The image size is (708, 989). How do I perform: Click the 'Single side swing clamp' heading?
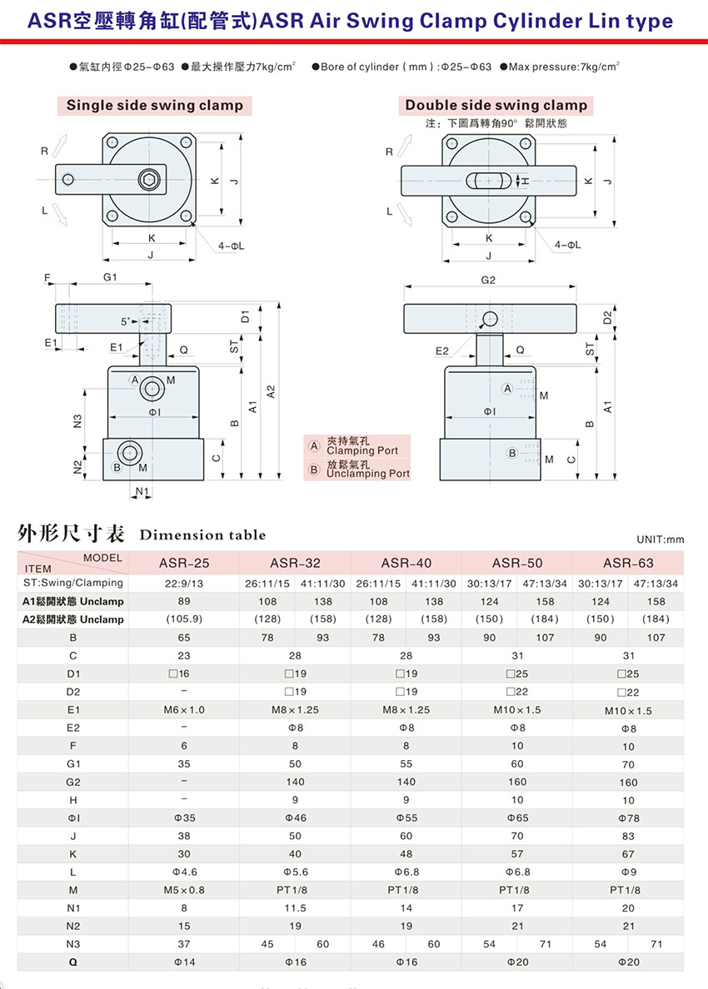[x=155, y=106]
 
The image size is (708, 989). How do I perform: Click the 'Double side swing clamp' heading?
[x=496, y=106]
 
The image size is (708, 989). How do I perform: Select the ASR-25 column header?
[x=183, y=563]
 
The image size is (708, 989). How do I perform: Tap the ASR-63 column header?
[x=628, y=563]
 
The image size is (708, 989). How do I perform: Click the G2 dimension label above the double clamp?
[x=488, y=280]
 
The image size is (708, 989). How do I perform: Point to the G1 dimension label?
[x=110, y=277]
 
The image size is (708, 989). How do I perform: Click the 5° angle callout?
[x=127, y=321]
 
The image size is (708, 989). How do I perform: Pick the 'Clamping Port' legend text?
[x=362, y=450]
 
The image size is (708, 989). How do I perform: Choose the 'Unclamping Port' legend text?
[x=368, y=473]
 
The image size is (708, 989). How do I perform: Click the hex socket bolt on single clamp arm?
[x=150, y=180]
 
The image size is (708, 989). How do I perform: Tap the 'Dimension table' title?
[x=202, y=534]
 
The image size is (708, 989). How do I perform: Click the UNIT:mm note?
[x=660, y=539]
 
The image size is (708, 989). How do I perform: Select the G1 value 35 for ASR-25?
[x=183, y=764]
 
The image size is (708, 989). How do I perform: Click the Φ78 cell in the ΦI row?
[x=628, y=818]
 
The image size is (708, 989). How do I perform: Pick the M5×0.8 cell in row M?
[x=183, y=890]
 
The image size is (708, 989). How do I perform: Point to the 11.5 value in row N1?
[x=295, y=908]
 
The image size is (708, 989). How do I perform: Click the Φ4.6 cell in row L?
[x=184, y=872]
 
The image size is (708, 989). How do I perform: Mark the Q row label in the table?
[x=73, y=962]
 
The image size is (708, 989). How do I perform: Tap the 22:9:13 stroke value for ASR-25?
[x=183, y=584]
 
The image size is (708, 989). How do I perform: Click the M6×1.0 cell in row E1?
[x=183, y=710]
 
